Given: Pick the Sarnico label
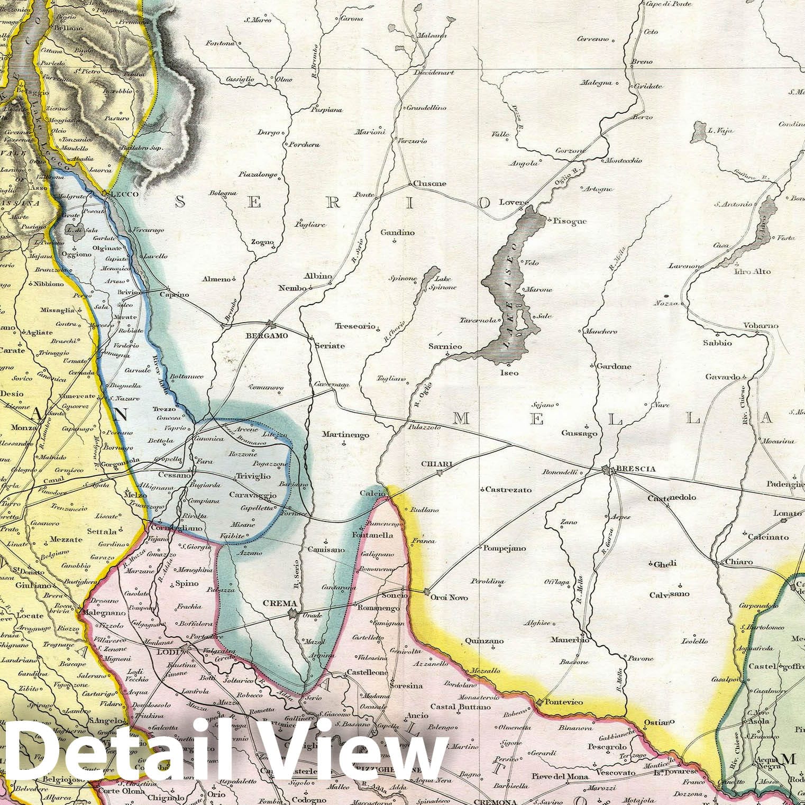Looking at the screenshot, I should coord(445,346).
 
